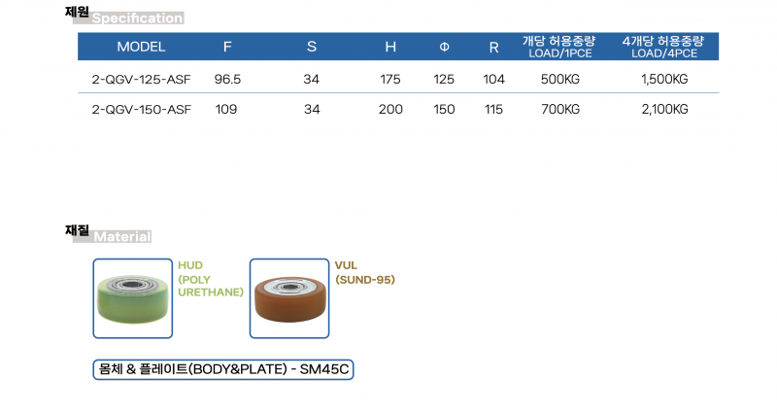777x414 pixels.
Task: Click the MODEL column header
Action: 141,47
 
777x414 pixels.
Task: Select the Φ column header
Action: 444,47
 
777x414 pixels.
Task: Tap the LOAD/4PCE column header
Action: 664,47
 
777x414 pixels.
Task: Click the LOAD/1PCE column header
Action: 560,47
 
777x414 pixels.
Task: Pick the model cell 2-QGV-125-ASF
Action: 141,80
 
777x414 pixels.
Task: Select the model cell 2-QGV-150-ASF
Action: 141,110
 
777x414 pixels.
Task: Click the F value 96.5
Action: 227,80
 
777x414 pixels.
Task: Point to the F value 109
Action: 226,110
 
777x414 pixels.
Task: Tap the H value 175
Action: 390,80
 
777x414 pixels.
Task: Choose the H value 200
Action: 390,110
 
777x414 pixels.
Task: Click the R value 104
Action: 493,80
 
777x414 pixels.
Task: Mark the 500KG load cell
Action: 560,80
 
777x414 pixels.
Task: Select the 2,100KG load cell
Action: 664,110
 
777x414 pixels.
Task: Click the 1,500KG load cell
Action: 664,80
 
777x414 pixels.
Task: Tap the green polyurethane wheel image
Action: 133,298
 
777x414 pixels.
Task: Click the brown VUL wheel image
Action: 289,298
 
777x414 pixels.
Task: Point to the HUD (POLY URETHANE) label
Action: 211,279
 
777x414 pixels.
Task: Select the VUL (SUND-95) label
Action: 365,273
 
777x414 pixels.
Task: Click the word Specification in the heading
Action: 137,18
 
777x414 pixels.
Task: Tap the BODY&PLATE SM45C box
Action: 223,370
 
